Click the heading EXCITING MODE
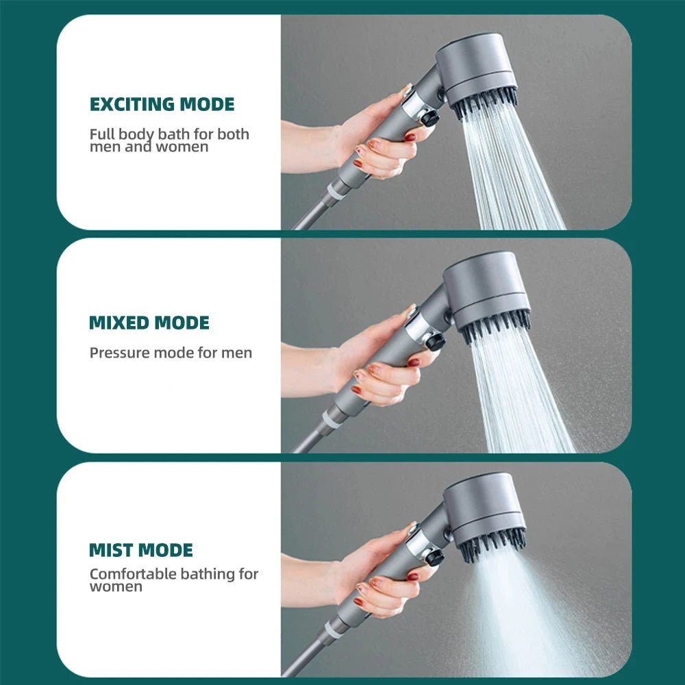162,104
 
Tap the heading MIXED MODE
149,323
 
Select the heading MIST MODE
141,549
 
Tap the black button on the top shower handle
429,119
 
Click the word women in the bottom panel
116,587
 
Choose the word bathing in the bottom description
207,574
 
